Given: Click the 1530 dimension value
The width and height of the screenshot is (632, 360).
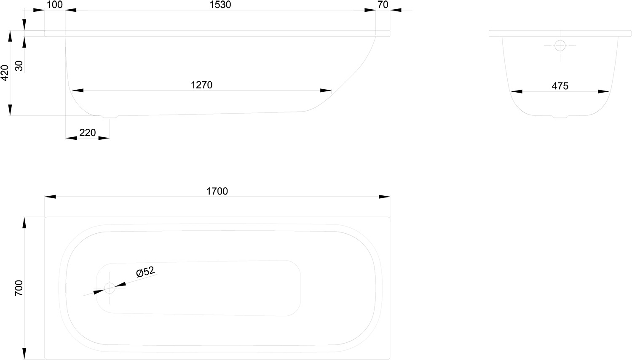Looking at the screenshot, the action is (x=220, y=5).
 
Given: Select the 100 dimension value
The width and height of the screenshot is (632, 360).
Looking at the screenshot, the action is (x=54, y=5).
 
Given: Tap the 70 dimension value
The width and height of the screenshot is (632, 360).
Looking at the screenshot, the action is (x=383, y=5).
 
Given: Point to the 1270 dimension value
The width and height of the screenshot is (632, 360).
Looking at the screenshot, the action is (x=201, y=85).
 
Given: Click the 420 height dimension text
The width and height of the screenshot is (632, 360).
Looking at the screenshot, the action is (x=5, y=73).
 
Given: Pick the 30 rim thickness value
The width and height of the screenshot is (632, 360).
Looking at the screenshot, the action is (x=19, y=66).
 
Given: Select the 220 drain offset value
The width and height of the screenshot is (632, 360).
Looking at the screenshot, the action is (x=88, y=133).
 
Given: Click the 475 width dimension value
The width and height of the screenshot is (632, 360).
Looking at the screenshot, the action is (x=560, y=86).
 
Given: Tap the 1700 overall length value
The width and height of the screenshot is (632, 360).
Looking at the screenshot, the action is (x=217, y=191).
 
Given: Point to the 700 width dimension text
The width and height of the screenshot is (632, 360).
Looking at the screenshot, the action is (x=19, y=288).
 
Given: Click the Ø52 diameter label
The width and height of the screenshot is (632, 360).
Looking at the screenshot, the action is (x=145, y=272).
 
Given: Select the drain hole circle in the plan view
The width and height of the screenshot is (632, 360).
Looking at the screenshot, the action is (x=110, y=288).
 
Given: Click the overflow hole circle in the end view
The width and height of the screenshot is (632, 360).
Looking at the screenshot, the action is (x=560, y=45).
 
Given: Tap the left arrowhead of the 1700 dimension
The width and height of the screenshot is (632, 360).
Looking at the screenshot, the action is (x=50, y=197).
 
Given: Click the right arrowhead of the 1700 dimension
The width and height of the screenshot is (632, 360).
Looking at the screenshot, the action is (x=384, y=197).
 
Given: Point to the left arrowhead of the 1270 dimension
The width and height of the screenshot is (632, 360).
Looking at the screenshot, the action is (x=78, y=91).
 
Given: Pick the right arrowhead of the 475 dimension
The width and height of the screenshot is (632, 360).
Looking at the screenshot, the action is (x=603, y=91).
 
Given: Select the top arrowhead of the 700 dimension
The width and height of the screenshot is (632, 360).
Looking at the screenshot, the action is (x=24, y=223).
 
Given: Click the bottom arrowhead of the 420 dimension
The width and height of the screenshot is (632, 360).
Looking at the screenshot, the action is (x=10, y=110).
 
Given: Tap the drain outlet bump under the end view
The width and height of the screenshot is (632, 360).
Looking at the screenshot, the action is (x=560, y=117).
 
